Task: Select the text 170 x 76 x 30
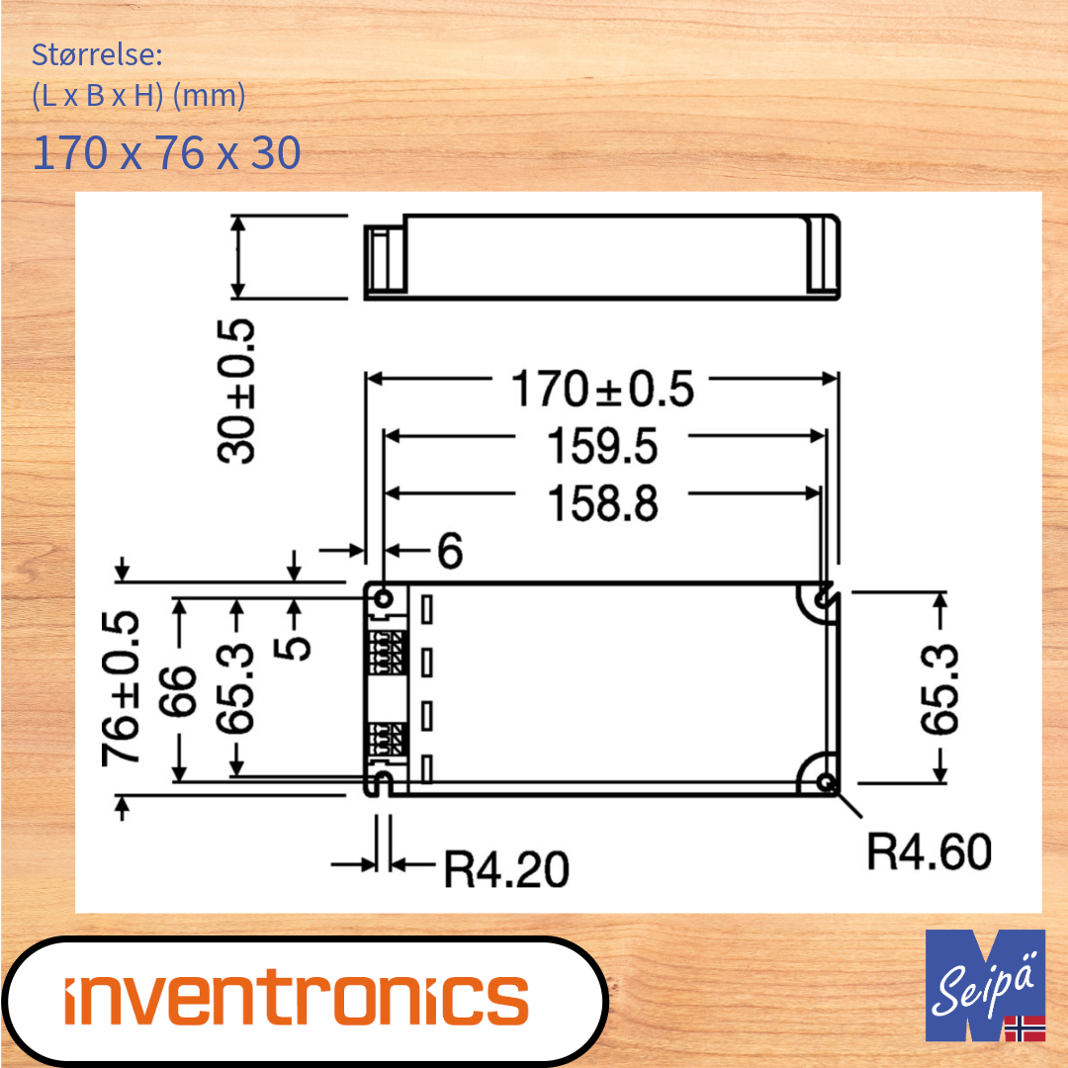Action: coord(166,153)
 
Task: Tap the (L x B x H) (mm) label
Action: coord(138,97)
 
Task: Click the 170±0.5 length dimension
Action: coord(602,390)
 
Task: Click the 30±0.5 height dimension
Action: coord(237,391)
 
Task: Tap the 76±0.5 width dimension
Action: coord(121,688)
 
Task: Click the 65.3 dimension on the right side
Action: coord(940,688)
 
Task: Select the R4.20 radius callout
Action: coord(506,869)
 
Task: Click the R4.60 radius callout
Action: coord(929,851)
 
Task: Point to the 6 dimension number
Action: coord(449,551)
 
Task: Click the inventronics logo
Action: coord(297,999)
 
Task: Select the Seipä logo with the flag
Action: coord(985,985)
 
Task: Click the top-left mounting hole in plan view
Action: coord(384,598)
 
